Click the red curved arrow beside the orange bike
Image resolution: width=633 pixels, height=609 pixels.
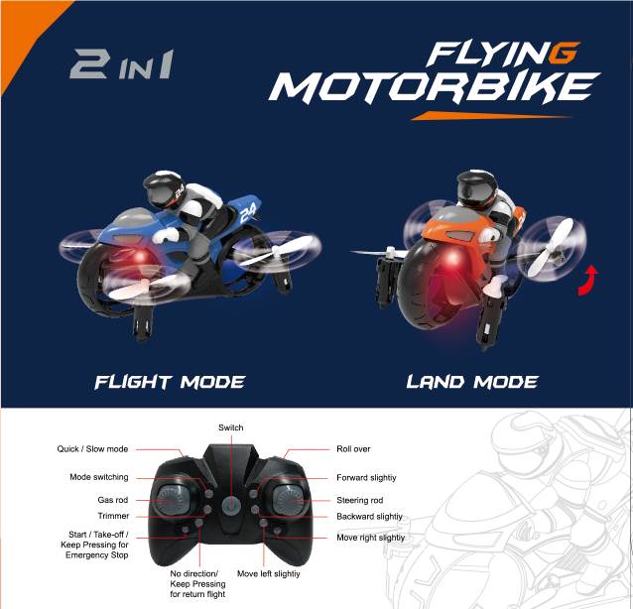pos(588,281)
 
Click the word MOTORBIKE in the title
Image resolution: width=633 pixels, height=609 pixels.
pos(435,87)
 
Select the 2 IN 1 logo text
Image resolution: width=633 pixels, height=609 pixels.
pos(122,63)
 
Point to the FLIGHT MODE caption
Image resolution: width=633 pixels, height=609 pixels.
pos(170,382)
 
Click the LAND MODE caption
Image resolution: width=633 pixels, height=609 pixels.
pos(472,382)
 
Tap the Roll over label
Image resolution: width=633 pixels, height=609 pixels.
pos(353,448)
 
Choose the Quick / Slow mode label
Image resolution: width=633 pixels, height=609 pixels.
pos(92,448)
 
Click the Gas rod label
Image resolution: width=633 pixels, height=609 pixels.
pos(113,500)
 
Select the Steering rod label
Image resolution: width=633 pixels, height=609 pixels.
pos(360,500)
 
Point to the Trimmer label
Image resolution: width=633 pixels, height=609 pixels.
pos(113,516)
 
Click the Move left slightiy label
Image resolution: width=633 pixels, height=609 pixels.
pos(269,573)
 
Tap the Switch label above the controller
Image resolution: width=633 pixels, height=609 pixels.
pos(231,427)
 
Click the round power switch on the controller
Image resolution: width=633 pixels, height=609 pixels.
pos(231,505)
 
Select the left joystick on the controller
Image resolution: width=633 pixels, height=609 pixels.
pos(172,500)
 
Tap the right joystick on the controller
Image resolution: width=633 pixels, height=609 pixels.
pos(289,500)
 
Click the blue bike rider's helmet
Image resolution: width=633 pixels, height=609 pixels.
pos(164,189)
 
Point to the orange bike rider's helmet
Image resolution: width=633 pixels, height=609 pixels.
pos(476,188)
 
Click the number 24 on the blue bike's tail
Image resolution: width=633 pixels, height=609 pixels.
pos(247,211)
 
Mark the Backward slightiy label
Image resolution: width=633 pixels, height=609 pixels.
pos(369,516)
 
